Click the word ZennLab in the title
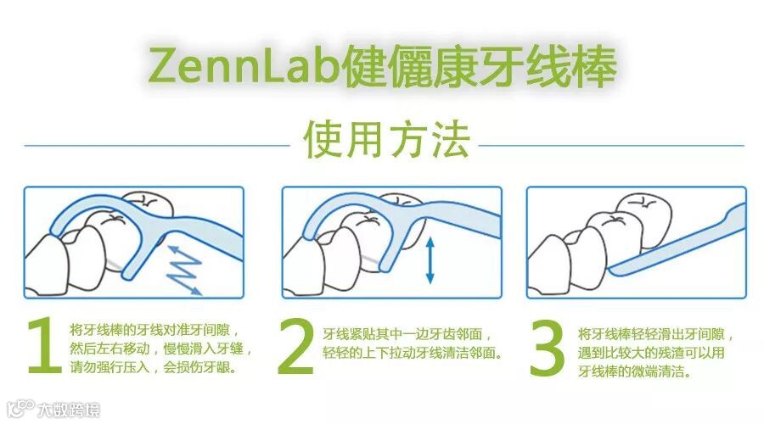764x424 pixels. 243,65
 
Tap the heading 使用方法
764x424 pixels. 386,140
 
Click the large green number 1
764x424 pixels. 44,346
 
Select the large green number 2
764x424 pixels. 296,347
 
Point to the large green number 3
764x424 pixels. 548,348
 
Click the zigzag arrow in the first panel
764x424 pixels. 184,271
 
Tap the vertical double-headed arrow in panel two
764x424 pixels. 430,260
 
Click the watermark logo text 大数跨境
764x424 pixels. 69,410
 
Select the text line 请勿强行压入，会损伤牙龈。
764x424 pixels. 154,367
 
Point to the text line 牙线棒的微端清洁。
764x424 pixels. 634,371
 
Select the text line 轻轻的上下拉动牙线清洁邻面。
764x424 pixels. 413,353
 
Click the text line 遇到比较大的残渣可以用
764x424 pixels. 651,353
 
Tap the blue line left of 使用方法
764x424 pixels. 157,145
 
